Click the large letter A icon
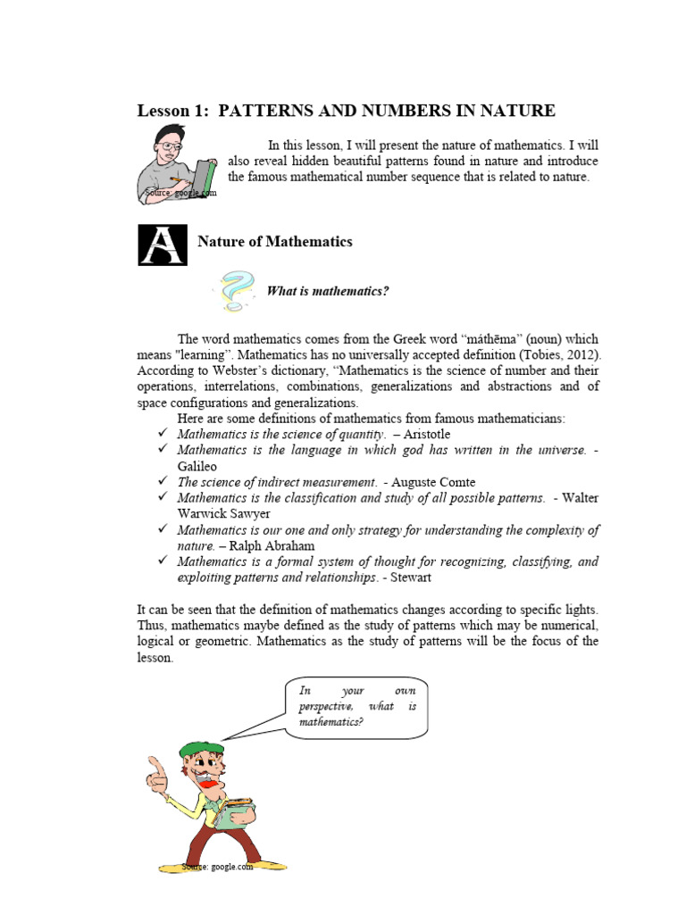coord(163,245)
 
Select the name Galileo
coord(197,466)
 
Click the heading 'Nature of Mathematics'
coord(274,242)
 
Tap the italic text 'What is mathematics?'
coord(328,291)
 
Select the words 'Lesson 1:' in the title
coord(172,111)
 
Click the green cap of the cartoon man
coord(200,750)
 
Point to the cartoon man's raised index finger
coord(155,766)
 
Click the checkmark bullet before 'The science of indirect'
coord(163,482)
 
